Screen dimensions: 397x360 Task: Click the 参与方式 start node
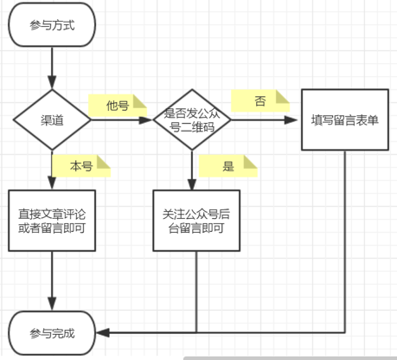pos(52,25)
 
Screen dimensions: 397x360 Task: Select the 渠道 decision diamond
pos(52,119)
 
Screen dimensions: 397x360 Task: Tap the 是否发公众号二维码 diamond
pos(192,119)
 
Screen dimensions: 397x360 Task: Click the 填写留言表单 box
pos(345,119)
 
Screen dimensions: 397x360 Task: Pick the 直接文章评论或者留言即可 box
pos(52,221)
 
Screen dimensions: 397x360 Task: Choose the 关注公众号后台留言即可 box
pos(196,221)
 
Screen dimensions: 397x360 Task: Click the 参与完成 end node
pos(52,333)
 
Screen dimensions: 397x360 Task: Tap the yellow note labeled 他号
pos(118,106)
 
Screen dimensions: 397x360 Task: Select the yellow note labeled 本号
pos(81,166)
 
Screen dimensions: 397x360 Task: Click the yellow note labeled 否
pos(260,100)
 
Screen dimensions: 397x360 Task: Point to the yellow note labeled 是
pos(228,166)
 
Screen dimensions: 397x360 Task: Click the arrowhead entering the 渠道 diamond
pos(52,82)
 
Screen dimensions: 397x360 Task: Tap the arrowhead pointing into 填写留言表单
pos(291,120)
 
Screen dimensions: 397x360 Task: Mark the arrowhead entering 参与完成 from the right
pos(103,333)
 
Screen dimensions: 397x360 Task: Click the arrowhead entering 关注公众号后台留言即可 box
pos(192,184)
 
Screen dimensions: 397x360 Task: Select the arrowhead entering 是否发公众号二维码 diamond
pos(145,120)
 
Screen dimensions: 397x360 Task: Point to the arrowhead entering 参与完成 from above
pos(52,304)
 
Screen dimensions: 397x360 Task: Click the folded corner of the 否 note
pos(283,97)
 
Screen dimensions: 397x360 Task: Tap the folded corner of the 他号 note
pos(140,101)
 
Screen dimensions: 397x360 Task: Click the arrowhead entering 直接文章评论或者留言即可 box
pos(52,183)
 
